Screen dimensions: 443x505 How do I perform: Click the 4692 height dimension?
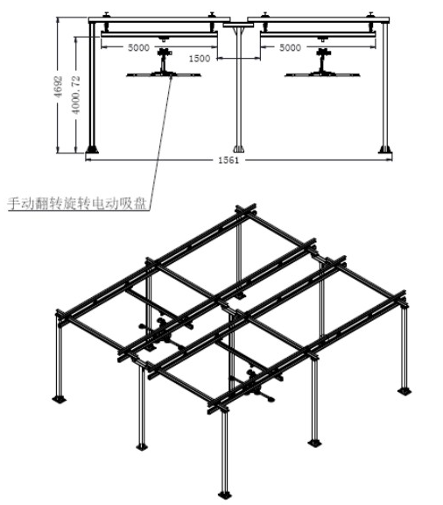[x=58, y=87]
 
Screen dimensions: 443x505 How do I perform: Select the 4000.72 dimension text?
[x=76, y=95]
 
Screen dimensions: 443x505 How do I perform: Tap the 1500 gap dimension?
[x=200, y=59]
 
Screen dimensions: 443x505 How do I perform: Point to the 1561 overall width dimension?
[x=229, y=160]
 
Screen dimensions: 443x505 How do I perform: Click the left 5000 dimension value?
[x=138, y=47]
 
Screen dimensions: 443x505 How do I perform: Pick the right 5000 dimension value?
[x=290, y=47]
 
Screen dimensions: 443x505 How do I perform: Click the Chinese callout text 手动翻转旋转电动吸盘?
[x=76, y=204]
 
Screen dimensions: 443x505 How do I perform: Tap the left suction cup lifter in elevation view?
[x=164, y=63]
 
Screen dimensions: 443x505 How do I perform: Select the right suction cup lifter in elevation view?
[x=322, y=63]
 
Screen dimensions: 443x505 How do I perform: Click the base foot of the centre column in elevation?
[x=239, y=149]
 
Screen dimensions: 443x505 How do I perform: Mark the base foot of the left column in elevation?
[x=92, y=149]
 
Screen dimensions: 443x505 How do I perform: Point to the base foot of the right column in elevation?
[x=384, y=149]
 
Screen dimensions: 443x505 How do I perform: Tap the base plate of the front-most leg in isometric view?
[x=225, y=494]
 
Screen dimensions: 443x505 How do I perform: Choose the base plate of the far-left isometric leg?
[x=60, y=399]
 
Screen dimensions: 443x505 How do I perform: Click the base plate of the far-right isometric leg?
[x=404, y=391]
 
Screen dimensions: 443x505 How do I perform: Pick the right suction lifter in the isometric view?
[x=254, y=385]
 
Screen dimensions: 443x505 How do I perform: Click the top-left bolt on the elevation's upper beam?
[x=106, y=15]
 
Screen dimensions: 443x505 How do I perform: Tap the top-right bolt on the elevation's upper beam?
[x=371, y=15]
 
